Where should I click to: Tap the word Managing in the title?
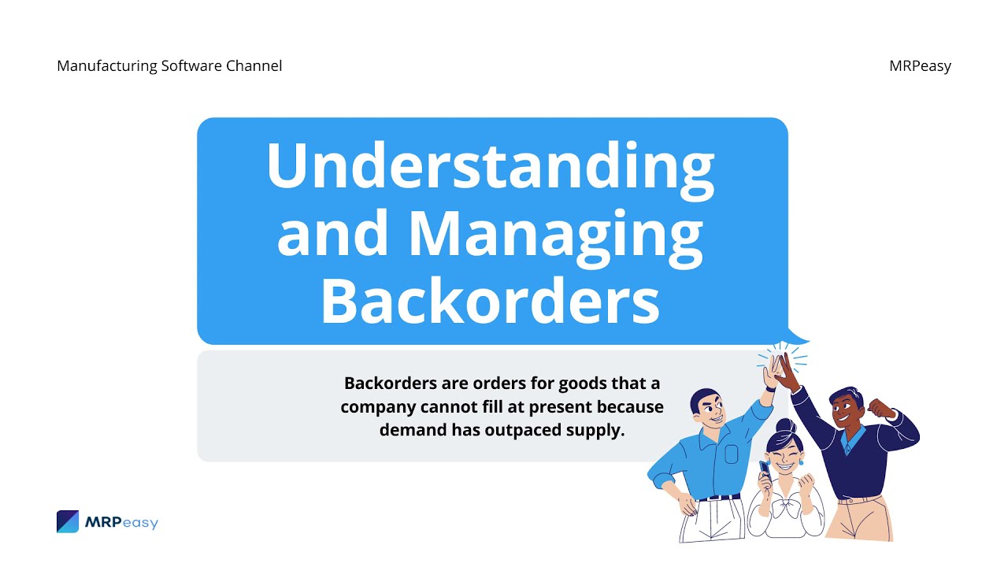click(x=554, y=234)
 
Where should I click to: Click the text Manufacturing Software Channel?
click(x=169, y=66)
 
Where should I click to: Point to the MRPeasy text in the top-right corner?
click(x=920, y=66)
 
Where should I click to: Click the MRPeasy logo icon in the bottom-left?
click(x=68, y=521)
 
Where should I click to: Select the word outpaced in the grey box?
click(x=516, y=430)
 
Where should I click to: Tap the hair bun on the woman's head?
click(x=785, y=426)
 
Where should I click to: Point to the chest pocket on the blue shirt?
click(x=732, y=454)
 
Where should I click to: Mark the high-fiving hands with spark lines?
click(x=780, y=369)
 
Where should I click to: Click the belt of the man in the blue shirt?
click(x=719, y=498)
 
